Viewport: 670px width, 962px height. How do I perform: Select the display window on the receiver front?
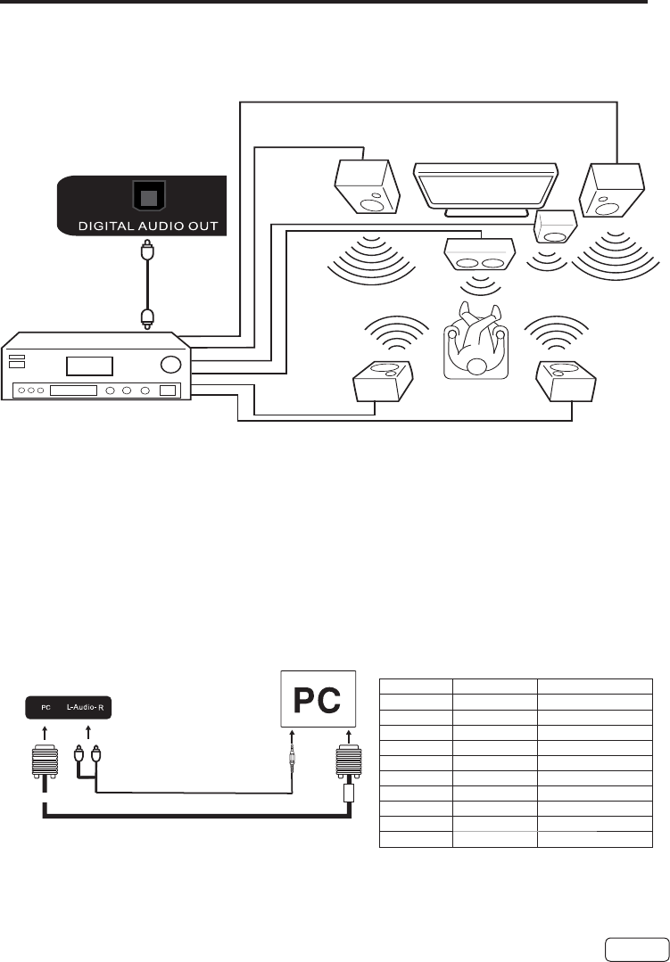pyautogui.click(x=87, y=366)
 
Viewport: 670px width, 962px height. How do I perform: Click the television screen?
pyautogui.click(x=486, y=185)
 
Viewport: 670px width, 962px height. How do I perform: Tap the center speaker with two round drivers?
pyautogui.click(x=478, y=255)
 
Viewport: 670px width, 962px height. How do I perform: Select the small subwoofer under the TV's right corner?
pyautogui.click(x=554, y=226)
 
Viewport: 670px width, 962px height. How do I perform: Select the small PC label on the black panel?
pyautogui.click(x=44, y=710)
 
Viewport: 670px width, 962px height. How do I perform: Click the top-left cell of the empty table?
pyautogui.click(x=416, y=686)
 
